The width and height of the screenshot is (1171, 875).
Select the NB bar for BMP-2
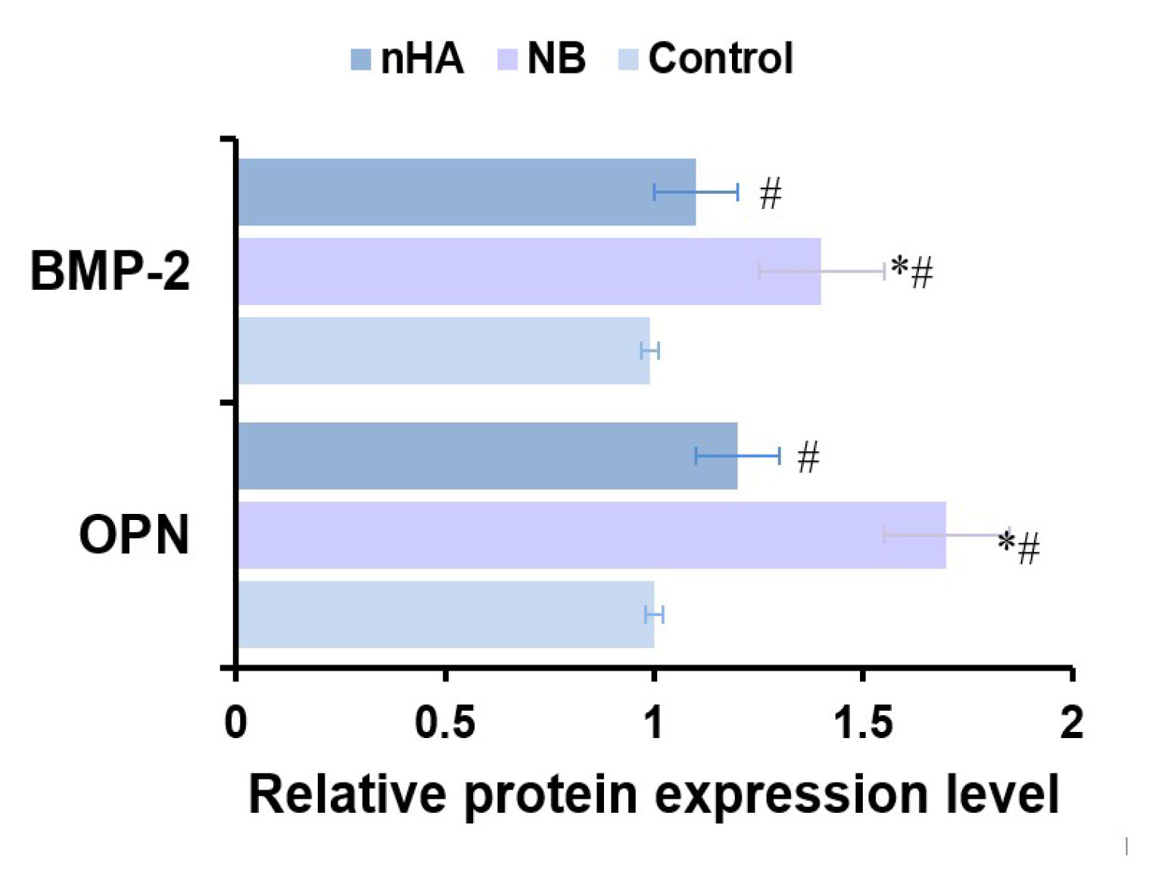click(x=529, y=271)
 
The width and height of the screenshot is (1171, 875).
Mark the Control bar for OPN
click(x=446, y=614)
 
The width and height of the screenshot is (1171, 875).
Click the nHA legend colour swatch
click(x=361, y=59)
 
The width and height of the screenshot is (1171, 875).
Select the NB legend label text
click(x=556, y=58)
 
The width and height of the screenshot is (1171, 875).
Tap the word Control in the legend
click(x=721, y=58)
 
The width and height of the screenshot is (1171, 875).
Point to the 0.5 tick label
click(x=445, y=723)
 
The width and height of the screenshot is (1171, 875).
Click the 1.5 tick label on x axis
click(x=863, y=723)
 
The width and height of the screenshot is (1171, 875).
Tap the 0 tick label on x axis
click(x=235, y=723)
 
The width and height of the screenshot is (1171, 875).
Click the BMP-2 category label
click(x=111, y=271)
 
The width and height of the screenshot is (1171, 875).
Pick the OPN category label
click(x=134, y=535)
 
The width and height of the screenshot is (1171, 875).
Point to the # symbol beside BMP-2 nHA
click(x=770, y=193)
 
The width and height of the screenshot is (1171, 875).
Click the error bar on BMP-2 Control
click(x=650, y=350)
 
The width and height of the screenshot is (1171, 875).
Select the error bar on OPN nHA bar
click(x=737, y=456)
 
